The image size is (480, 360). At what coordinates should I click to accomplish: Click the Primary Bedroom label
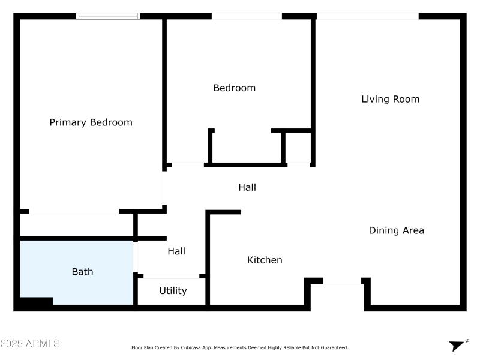pos(91,122)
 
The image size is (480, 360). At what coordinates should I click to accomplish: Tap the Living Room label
pos(390,99)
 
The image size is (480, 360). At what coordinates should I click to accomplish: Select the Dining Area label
pos(396,230)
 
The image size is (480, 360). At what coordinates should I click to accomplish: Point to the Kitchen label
pos(265,260)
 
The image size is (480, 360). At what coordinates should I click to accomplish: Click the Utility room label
pos(173,291)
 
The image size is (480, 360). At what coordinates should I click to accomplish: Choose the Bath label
pos(82,272)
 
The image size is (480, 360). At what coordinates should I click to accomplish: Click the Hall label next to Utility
pos(176,251)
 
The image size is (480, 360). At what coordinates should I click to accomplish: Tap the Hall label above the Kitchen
pos(247,187)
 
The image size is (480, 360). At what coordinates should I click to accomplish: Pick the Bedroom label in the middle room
pos(234,88)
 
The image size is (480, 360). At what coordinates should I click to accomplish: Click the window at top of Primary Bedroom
pos(109,16)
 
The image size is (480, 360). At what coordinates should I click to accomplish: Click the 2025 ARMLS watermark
pos(30,344)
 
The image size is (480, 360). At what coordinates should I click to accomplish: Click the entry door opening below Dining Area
pos(342,281)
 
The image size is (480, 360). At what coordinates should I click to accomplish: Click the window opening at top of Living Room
pos(367,16)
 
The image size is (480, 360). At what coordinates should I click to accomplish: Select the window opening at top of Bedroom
pos(247,16)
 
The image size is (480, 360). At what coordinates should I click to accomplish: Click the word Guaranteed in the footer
pos(332,347)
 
